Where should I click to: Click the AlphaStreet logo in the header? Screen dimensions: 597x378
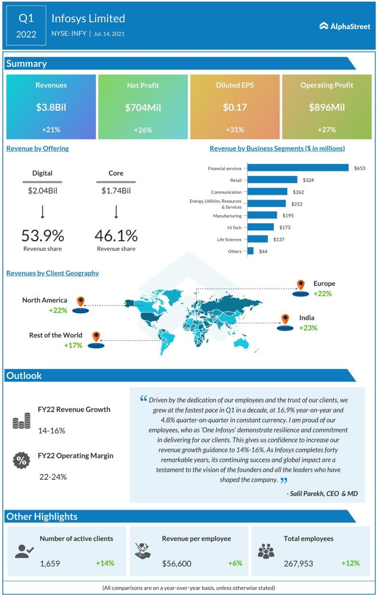tap(345, 26)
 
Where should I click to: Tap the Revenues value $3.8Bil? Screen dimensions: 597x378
tap(51, 107)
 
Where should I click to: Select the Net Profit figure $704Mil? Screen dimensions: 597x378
tap(143, 107)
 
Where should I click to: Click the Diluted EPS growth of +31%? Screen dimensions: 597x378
tap(235, 129)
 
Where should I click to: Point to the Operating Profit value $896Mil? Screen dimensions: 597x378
tap(327, 107)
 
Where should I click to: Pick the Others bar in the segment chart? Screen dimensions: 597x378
tap(250, 251)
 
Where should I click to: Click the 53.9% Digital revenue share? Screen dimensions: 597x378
tap(43, 236)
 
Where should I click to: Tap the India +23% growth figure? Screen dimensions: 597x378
tap(309, 328)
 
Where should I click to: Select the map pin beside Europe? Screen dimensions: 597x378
tap(301, 286)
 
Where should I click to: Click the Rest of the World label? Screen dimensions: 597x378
tap(56, 335)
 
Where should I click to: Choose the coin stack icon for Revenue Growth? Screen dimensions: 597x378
tap(21, 422)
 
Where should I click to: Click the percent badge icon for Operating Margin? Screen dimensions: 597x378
tap(21, 460)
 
